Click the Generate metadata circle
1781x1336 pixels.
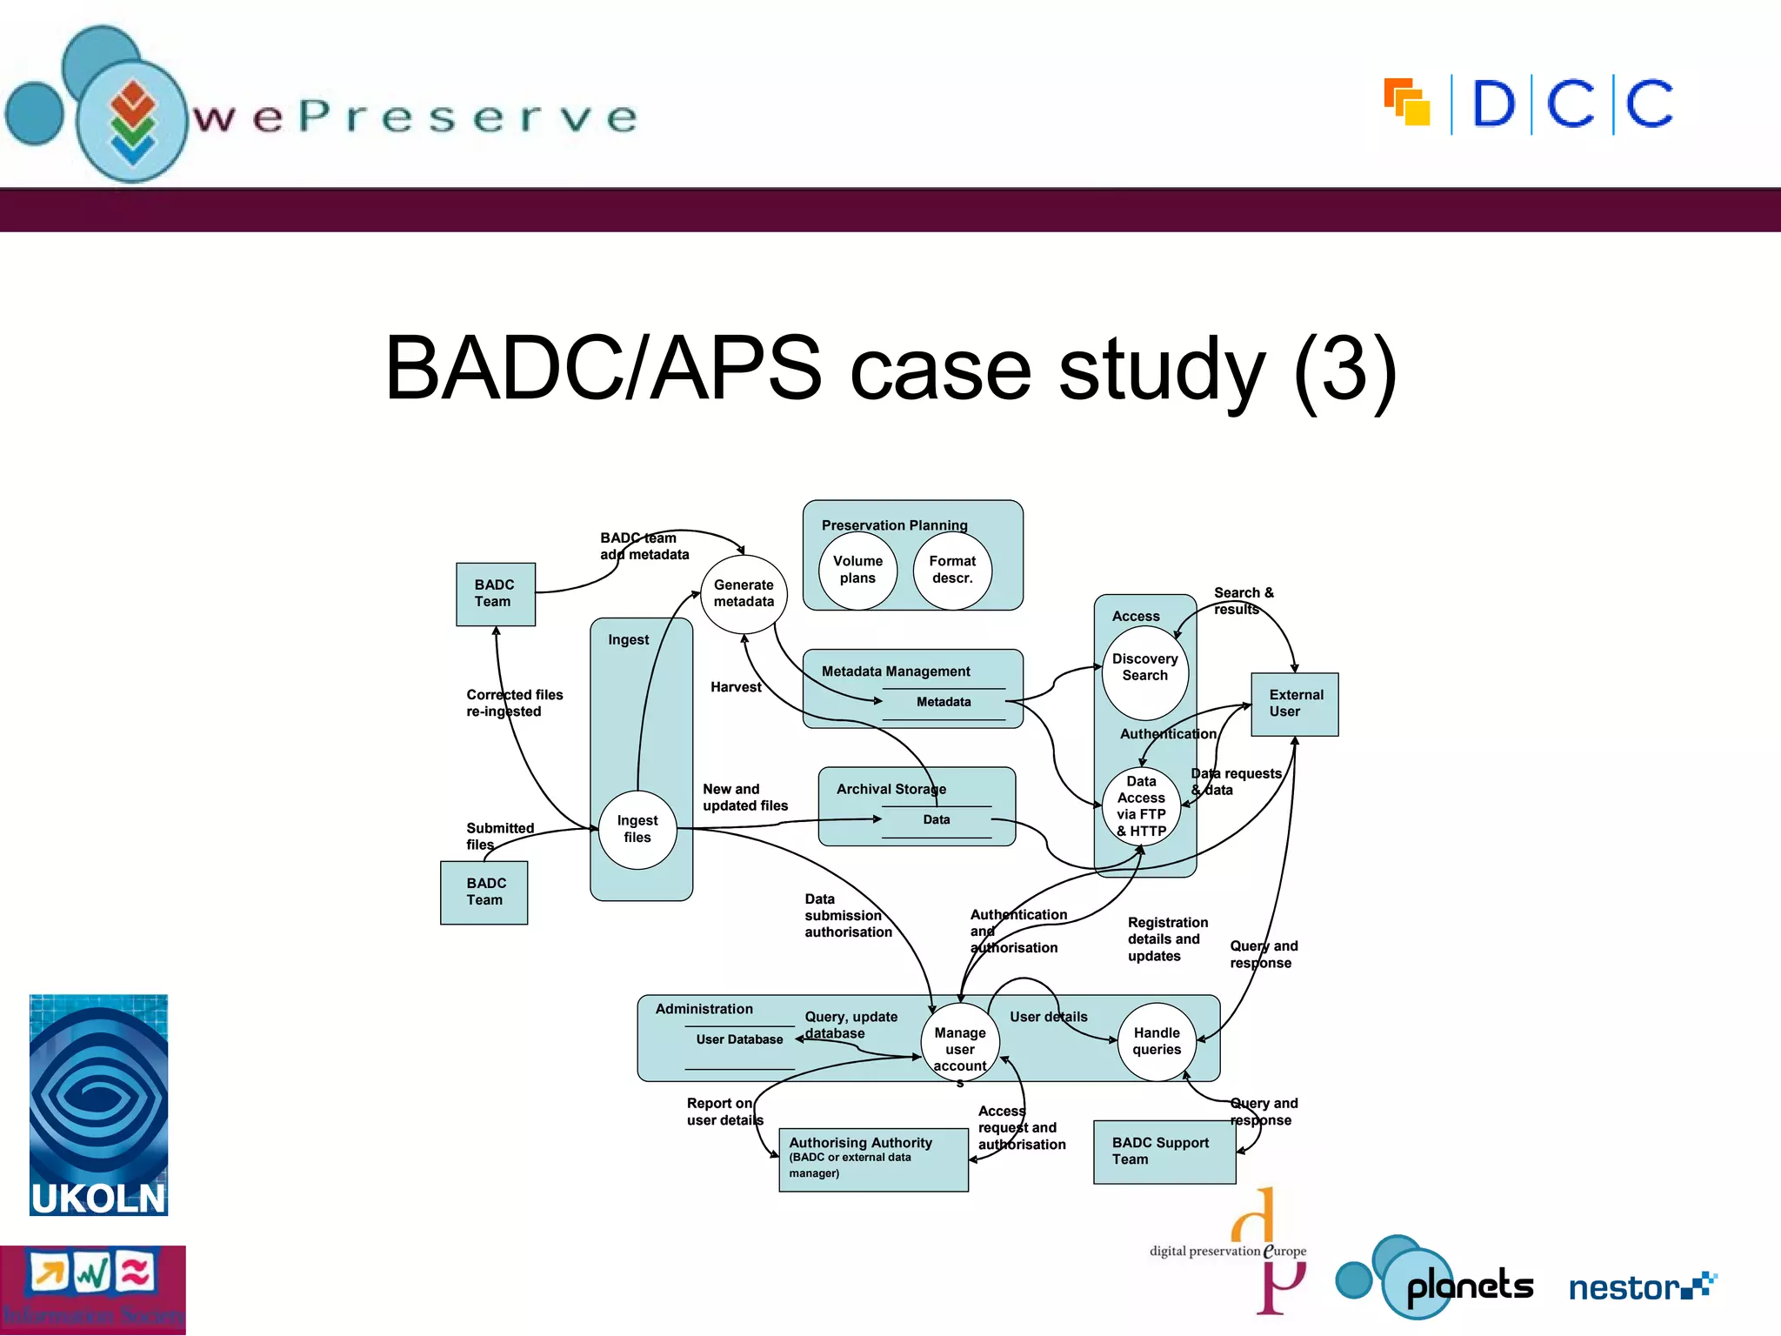[744, 594]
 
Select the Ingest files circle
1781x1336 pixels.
[637, 829]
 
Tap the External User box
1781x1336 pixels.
[1294, 704]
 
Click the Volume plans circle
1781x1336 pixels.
[857, 570]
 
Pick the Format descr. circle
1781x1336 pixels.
[952, 570]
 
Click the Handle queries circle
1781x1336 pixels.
[1157, 1041]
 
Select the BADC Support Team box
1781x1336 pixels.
[1164, 1152]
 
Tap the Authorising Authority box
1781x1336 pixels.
[873, 1159]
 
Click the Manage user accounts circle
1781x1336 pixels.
[960, 1044]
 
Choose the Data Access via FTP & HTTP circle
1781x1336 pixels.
[1141, 806]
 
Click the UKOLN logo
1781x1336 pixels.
[98, 1105]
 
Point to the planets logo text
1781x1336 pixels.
[1469, 1286]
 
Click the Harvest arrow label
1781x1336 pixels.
[736, 687]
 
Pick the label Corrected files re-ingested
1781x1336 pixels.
[514, 703]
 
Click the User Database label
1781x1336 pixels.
[739, 1039]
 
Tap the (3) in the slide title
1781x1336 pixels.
[1344, 369]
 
